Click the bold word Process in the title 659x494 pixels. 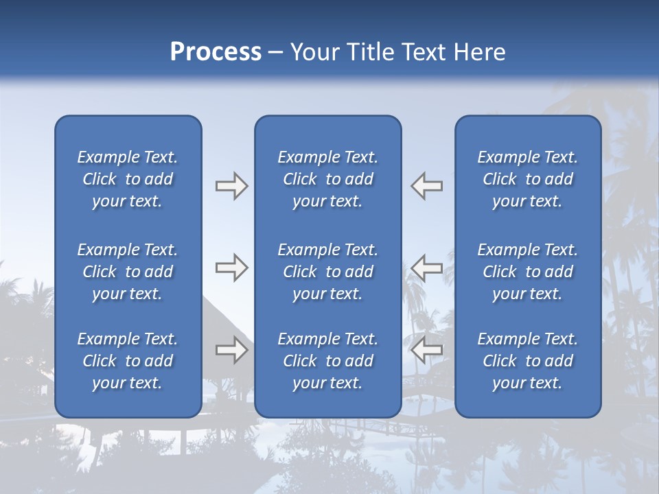click(x=216, y=52)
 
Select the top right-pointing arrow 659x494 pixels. click(x=231, y=186)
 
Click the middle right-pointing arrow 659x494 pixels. click(x=231, y=268)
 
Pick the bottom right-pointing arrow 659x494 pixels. click(x=231, y=350)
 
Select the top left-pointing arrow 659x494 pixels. click(x=427, y=186)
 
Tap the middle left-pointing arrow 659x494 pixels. click(x=427, y=268)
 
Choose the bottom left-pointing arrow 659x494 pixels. click(x=427, y=350)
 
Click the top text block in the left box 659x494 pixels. click(x=128, y=179)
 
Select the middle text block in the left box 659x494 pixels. click(x=128, y=272)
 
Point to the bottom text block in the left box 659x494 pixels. click(x=128, y=361)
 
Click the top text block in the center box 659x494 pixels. click(x=327, y=179)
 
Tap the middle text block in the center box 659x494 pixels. click(x=327, y=272)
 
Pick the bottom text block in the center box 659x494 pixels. click(x=327, y=361)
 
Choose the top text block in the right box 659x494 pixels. click(x=527, y=179)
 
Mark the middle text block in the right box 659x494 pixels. click(x=527, y=272)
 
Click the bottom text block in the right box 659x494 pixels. click(x=527, y=361)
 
